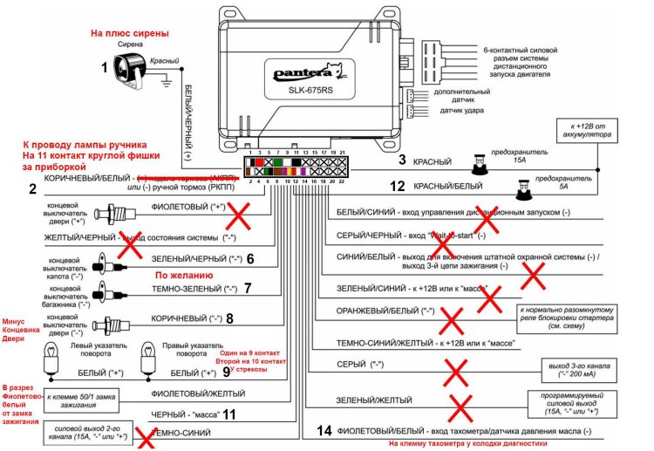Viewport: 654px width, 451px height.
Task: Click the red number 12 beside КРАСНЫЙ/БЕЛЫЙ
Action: pos(398,186)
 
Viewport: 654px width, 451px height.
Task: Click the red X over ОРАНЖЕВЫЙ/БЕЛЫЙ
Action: pos(452,321)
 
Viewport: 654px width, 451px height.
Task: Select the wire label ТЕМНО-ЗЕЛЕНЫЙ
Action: pos(206,288)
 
